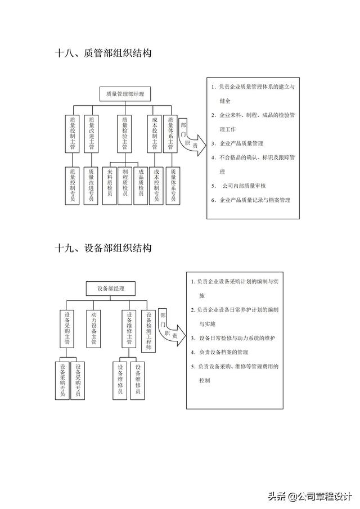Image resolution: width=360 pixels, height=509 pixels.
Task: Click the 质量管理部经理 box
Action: (125, 94)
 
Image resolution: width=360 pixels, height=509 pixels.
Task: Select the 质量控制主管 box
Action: (72, 133)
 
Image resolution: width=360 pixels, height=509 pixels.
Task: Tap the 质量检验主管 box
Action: (125, 133)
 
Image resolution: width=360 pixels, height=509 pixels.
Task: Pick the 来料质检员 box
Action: (110, 184)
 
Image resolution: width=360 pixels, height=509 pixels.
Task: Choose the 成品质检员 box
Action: (141, 184)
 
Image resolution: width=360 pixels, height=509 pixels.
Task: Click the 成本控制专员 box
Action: (156, 184)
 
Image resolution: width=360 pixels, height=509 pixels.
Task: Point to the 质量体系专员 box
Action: (173, 184)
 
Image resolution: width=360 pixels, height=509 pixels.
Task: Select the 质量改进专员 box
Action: (91, 184)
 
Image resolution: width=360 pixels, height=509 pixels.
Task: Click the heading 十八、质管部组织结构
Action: (103, 53)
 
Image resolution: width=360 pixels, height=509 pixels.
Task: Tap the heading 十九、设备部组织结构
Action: (103, 247)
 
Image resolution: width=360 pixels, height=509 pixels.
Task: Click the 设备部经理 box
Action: (110, 289)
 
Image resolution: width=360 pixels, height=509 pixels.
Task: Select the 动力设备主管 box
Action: (94, 328)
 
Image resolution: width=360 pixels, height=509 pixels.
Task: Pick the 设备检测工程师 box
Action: (148, 331)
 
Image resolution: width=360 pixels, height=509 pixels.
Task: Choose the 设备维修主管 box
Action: (129, 328)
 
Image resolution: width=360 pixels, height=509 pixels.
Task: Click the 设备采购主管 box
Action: (67, 328)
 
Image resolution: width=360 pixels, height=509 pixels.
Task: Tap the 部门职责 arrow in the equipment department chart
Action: (169, 327)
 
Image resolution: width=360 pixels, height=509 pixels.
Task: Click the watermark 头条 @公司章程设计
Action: (309, 496)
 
